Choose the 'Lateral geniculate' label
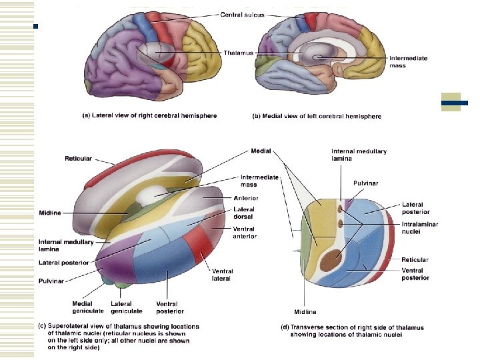[x=122, y=307]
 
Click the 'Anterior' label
[x=246, y=198]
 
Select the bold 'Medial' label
[x=261, y=151]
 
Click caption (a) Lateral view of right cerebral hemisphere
[x=149, y=115]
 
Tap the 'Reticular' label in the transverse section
[x=415, y=259]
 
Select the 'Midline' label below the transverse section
[x=305, y=311]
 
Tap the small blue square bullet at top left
[x=37, y=27]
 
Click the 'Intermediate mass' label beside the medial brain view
[x=407, y=62]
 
